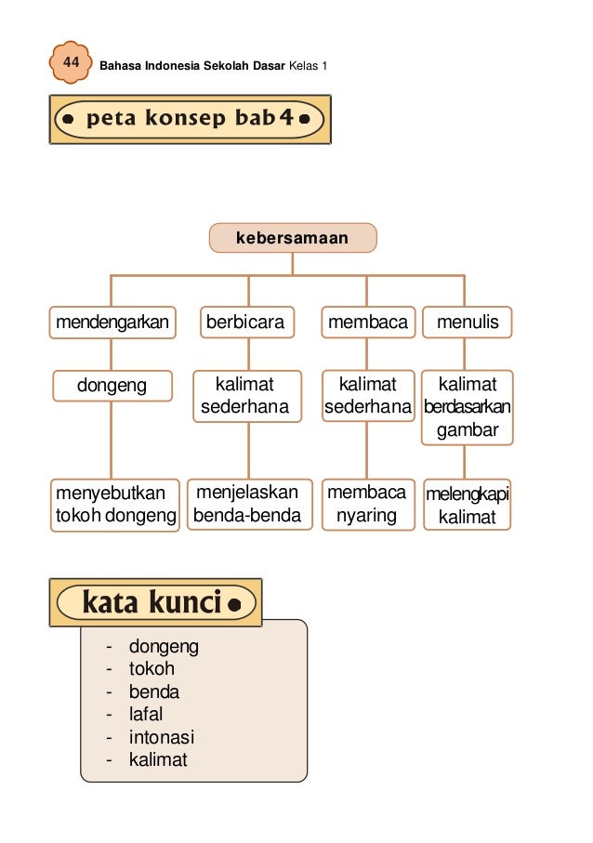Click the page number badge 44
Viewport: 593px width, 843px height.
[70, 62]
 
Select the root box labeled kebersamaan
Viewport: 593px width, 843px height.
[292, 238]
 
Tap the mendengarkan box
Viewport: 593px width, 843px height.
[112, 323]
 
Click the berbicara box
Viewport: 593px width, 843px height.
[246, 323]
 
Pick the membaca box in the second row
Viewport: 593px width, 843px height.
[367, 323]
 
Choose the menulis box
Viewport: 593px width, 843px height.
[467, 323]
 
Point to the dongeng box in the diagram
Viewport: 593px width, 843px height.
[112, 385]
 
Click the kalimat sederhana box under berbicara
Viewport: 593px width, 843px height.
[246, 396]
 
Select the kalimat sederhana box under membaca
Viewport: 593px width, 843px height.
[367, 396]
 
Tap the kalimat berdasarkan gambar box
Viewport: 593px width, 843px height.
[468, 407]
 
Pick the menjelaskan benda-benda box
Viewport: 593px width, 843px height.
[247, 504]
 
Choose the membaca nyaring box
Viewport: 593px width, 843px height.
[367, 504]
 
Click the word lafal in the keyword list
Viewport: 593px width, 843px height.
[145, 715]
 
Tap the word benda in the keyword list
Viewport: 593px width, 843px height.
[153, 692]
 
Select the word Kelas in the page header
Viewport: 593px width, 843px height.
[300, 66]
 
